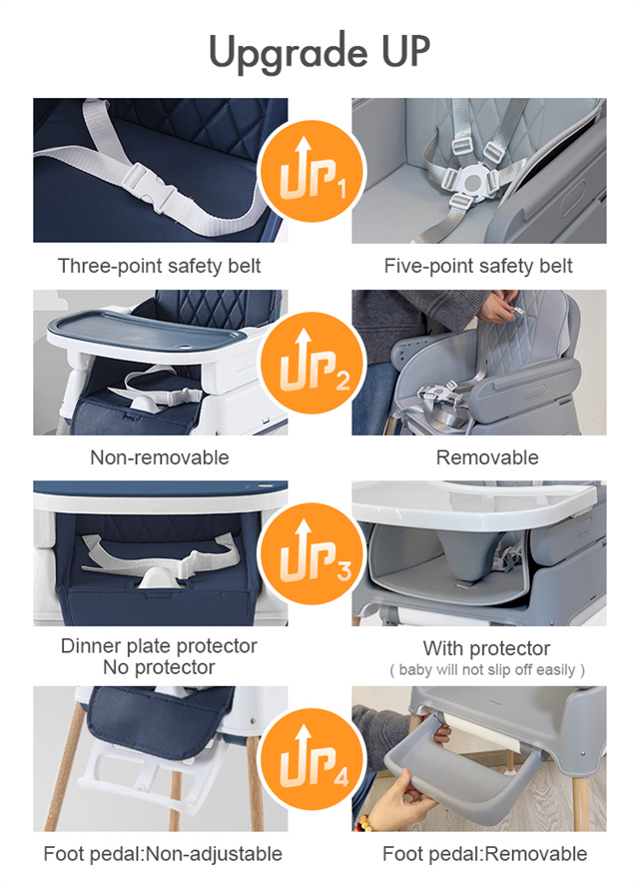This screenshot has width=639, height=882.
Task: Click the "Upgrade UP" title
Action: tap(319, 52)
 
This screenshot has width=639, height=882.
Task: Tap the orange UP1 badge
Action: tap(312, 171)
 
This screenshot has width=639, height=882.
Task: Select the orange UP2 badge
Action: tap(312, 363)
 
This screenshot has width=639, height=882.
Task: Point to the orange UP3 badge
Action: tap(312, 553)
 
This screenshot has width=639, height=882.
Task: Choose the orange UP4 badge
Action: tap(312, 759)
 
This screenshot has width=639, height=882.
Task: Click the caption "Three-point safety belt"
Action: tap(160, 266)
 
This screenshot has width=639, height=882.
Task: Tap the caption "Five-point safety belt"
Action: tap(478, 266)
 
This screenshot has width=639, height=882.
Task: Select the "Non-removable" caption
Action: tap(160, 457)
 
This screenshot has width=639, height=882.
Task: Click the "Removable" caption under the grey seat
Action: tap(487, 457)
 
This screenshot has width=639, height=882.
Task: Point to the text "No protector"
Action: tap(159, 667)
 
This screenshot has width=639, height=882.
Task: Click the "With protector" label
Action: tap(486, 648)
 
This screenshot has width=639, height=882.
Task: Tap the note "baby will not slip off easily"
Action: tap(487, 670)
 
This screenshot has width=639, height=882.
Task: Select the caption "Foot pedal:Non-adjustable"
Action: tap(163, 854)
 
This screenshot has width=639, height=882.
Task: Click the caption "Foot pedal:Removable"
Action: tap(485, 854)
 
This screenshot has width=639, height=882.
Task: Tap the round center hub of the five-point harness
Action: tap(471, 180)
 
